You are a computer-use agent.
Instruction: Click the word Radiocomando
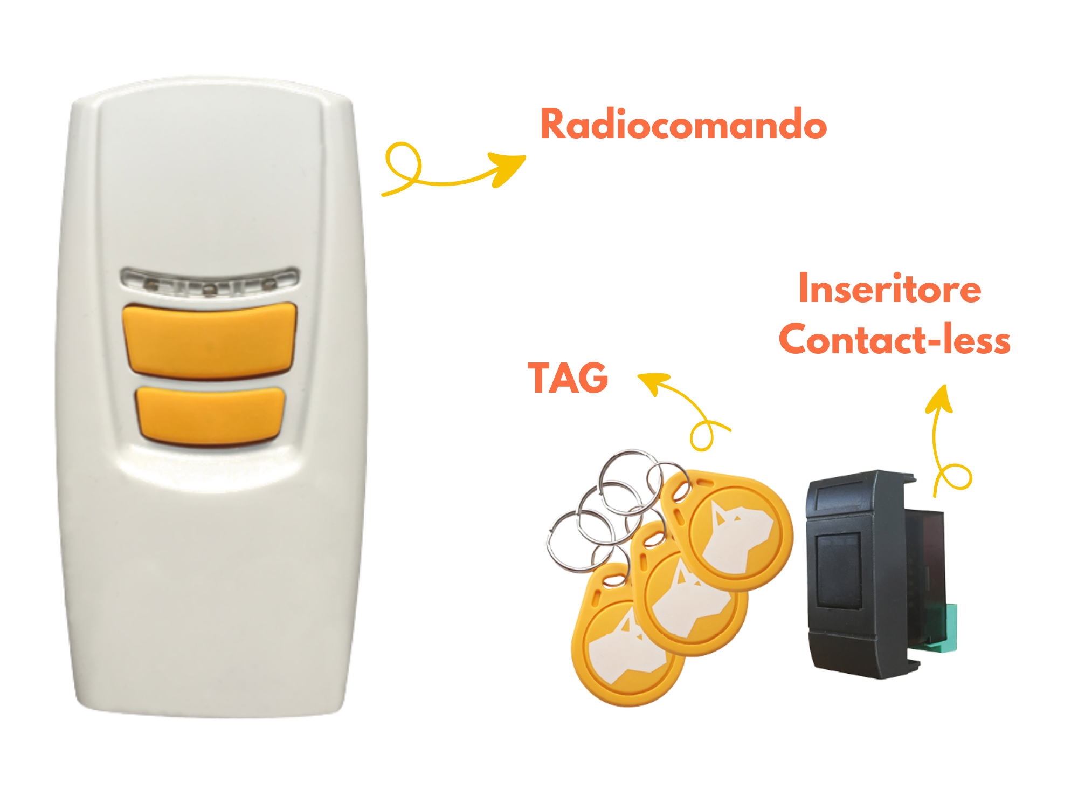(683, 124)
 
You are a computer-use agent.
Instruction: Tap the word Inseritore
(889, 289)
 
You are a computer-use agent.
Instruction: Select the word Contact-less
(894, 340)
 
